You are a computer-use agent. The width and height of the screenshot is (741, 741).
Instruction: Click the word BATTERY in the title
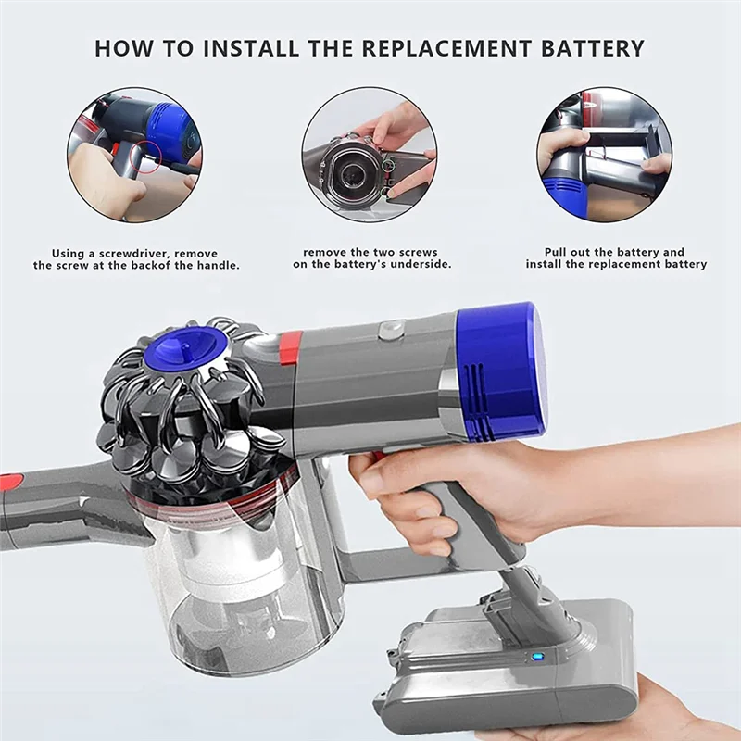coord(591,48)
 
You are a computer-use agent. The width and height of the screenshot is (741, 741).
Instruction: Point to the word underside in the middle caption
coord(417,265)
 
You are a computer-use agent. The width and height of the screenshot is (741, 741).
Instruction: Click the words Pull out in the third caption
coord(567,252)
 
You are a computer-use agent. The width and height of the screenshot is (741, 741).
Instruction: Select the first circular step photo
coord(134,155)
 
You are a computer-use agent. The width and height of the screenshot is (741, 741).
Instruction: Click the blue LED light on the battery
coord(537,659)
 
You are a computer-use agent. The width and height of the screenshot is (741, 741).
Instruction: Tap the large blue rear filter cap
coord(500,370)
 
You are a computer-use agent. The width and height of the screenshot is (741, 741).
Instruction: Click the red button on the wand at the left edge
coord(9,482)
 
